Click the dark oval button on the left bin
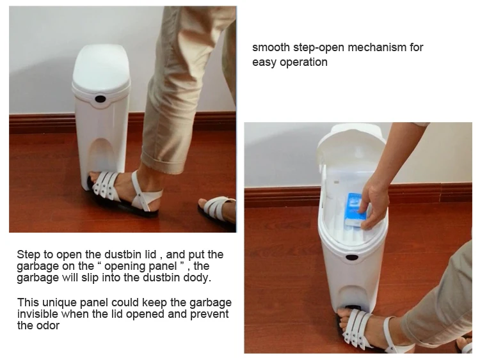point(100,99)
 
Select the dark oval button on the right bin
point(351,257)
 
